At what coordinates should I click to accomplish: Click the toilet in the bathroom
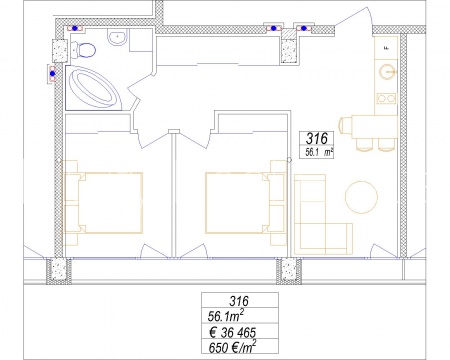[83, 50]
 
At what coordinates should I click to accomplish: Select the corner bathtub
[93, 88]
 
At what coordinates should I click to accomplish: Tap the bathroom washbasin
[117, 37]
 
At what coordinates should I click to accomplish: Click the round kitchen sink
[387, 72]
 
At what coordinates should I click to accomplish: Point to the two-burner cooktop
[387, 98]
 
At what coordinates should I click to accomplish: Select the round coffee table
[361, 197]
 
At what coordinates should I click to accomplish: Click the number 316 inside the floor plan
[316, 138]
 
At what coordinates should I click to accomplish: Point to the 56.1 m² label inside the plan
[319, 153]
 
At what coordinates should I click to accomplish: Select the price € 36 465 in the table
[233, 332]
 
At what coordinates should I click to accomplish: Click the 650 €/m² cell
[232, 347]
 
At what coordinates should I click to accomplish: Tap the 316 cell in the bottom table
[239, 301]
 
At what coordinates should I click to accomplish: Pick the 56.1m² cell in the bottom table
[225, 315]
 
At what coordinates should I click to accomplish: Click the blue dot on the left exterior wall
[52, 73]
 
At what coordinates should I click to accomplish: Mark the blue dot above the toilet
[75, 28]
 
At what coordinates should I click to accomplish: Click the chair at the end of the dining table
[344, 126]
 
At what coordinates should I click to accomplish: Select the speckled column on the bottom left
[58, 270]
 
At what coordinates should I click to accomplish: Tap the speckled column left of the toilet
[60, 50]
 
